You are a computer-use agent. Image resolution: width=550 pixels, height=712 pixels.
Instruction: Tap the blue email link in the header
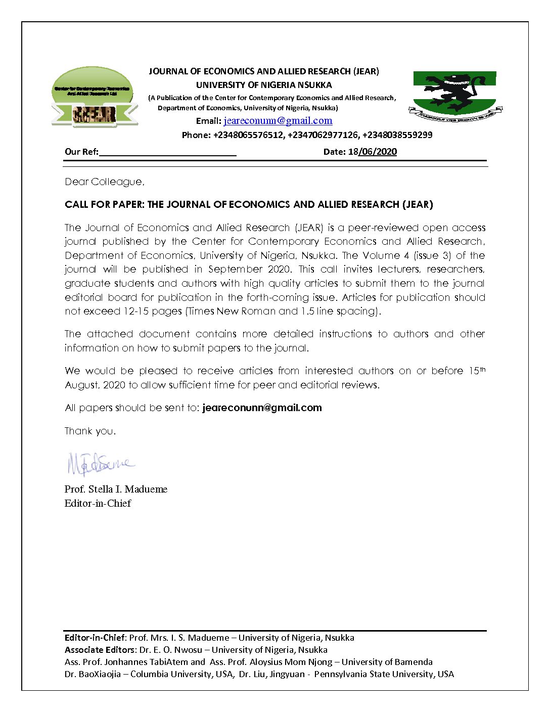click(278, 121)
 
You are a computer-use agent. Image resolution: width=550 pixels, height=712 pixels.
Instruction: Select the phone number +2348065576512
click(248, 135)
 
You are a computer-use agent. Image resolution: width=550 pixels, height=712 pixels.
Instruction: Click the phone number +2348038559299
click(397, 135)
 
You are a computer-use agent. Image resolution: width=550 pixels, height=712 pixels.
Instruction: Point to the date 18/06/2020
click(372, 152)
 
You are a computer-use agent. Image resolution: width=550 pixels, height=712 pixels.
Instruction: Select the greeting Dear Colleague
click(105, 182)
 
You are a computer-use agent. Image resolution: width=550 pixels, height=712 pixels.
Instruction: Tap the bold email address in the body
click(262, 408)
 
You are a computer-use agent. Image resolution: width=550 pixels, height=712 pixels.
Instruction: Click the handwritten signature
click(100, 464)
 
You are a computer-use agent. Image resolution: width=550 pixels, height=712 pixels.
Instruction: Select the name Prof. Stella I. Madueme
click(116, 489)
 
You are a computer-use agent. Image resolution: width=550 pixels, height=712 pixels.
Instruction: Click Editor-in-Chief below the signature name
click(98, 503)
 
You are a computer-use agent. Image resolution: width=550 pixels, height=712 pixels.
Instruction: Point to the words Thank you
click(90, 431)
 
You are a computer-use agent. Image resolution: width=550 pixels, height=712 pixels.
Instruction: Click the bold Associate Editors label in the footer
click(100, 650)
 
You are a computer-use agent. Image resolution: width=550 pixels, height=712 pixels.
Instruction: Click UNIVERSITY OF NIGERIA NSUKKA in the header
click(264, 85)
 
